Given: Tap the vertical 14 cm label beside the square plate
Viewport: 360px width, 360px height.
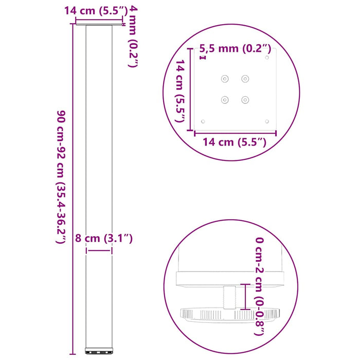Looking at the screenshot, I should click(179, 91).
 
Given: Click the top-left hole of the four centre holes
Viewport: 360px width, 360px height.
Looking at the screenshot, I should click(224, 79).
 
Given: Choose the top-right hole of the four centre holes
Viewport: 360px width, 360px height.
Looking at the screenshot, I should click(245, 79).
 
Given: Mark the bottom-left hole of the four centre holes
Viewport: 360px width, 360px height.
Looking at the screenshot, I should click(224, 100).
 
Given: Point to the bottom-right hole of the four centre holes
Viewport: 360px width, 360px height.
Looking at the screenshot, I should click(245, 100).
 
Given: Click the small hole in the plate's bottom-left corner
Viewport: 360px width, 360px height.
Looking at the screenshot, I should click(203, 121).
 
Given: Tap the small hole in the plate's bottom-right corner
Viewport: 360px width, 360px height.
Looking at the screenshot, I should click(266, 121).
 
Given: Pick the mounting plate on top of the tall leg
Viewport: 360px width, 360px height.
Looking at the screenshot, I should click(99, 23).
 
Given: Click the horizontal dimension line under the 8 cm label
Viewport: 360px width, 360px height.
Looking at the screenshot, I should click(99, 251).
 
